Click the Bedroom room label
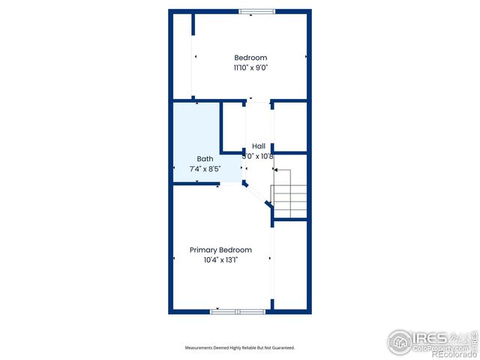[x=250, y=58]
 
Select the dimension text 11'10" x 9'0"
[x=250, y=67]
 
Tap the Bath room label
[x=205, y=158]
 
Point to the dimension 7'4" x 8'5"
[x=204, y=169]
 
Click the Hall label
[x=259, y=146]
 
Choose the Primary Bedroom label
[x=220, y=250]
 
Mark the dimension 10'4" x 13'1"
[x=220, y=260]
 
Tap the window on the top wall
[x=256, y=11]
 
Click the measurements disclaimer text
[x=240, y=348]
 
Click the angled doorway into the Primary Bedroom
[x=257, y=193]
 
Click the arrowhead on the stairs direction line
[x=275, y=170]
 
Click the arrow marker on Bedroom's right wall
[x=306, y=57]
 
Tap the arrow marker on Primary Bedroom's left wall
[x=175, y=259]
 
